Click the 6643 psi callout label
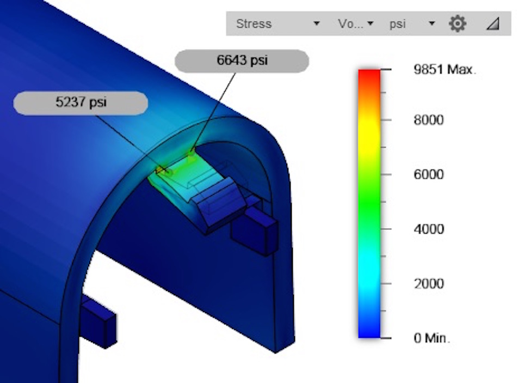click(242, 61)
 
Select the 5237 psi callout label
click(81, 103)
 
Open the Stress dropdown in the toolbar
click(276, 24)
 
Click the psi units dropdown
click(411, 24)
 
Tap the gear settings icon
click(457, 24)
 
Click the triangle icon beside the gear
click(493, 24)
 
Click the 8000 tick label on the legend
click(428, 120)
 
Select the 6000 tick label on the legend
click(428, 174)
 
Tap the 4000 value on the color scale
click(428, 229)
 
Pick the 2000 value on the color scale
click(428, 283)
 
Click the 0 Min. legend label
click(432, 338)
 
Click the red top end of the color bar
click(369, 76)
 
